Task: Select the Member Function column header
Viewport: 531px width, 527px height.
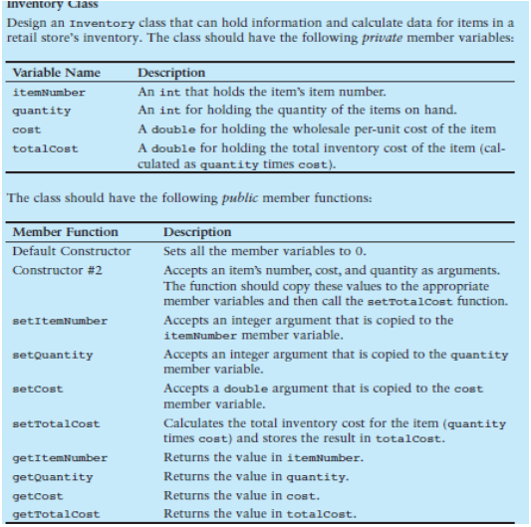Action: point(65,232)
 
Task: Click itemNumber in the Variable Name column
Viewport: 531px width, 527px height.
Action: point(49,93)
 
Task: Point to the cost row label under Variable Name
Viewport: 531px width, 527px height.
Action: point(27,130)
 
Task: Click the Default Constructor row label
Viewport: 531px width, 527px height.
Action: point(71,250)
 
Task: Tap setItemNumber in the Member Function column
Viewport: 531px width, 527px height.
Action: point(60,321)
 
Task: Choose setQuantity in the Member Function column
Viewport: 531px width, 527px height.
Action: point(53,355)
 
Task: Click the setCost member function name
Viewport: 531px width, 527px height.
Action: point(38,390)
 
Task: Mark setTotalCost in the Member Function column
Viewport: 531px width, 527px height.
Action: point(56,423)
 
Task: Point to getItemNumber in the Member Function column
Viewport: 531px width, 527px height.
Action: point(60,458)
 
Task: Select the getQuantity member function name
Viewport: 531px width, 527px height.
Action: point(53,476)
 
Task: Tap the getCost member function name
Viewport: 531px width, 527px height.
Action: point(38,494)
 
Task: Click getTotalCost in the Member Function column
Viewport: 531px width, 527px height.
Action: point(56,512)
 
